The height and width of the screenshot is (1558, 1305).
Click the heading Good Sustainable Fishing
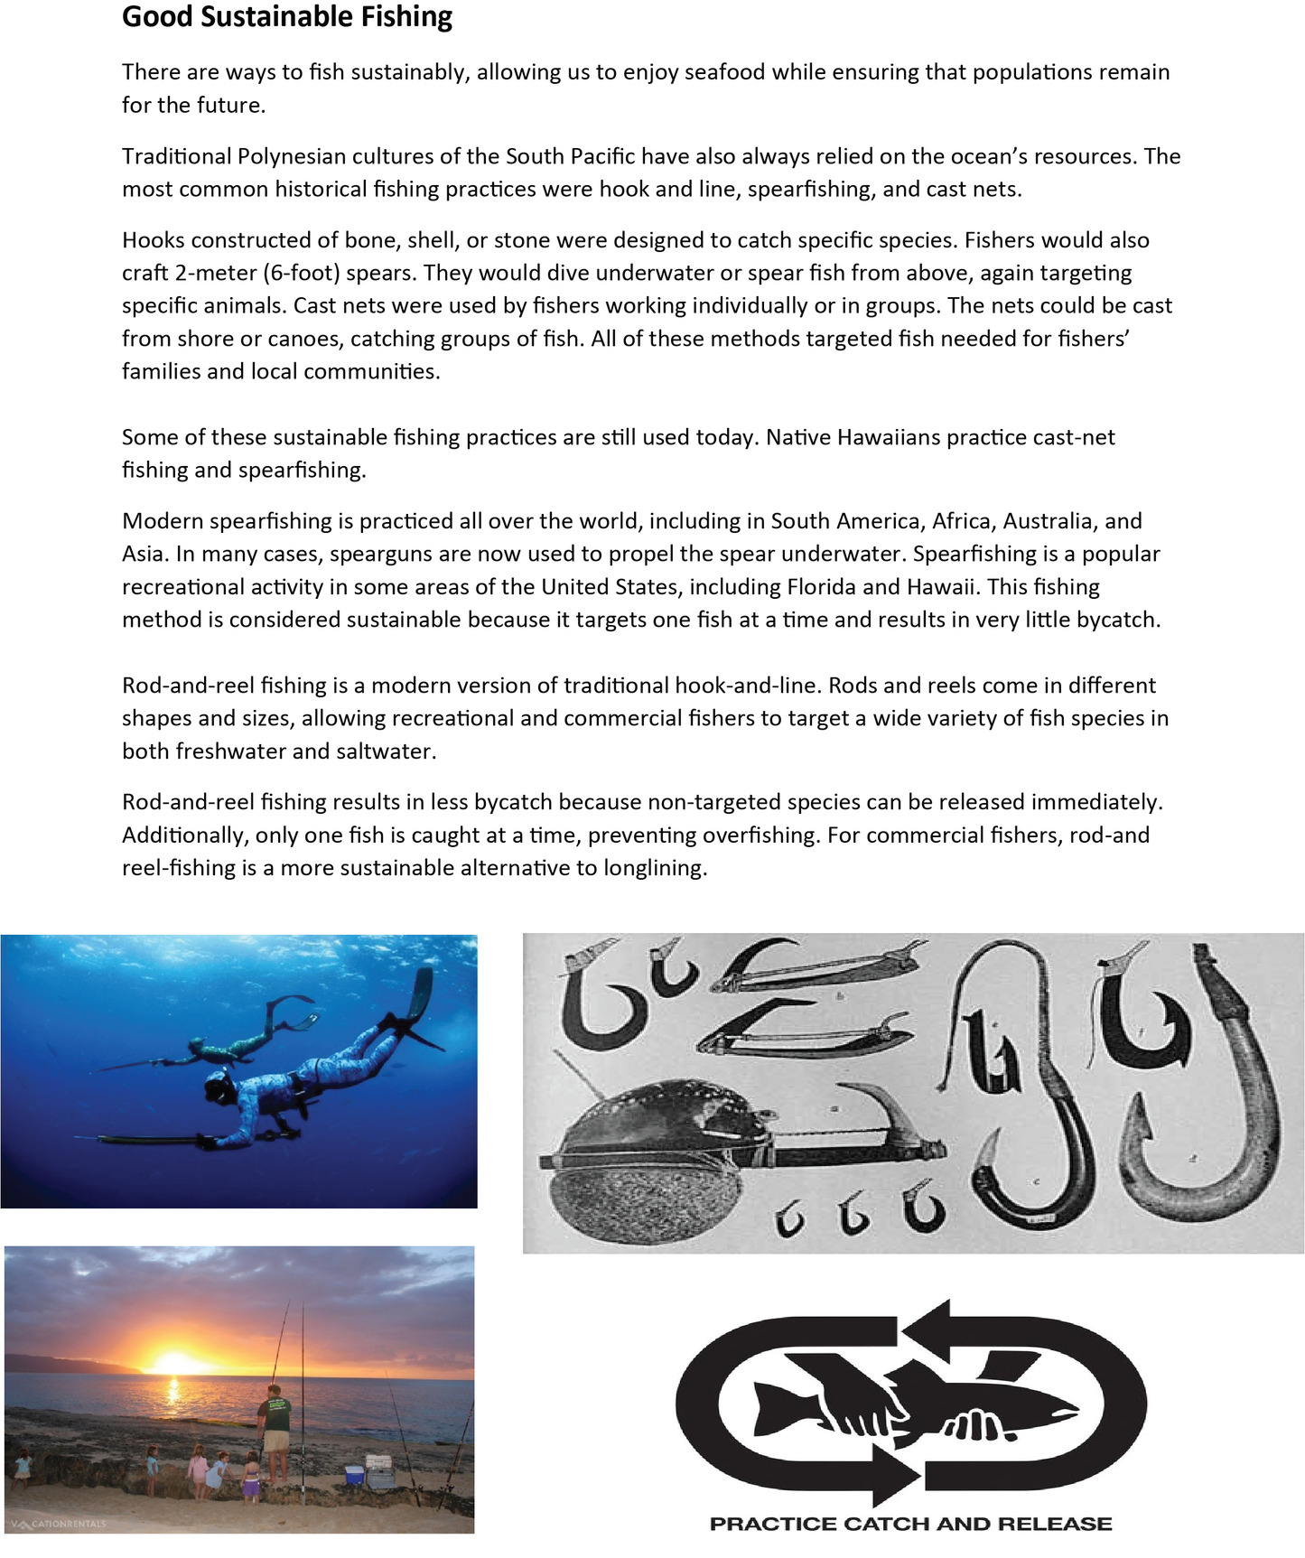point(287,17)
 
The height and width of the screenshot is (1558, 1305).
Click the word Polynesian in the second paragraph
point(290,156)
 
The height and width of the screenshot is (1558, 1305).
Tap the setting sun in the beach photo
point(176,1362)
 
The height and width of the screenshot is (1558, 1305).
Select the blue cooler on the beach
point(354,1475)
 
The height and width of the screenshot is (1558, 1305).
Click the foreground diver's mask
point(217,1090)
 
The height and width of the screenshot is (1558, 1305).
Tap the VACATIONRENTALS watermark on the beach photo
point(59,1524)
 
